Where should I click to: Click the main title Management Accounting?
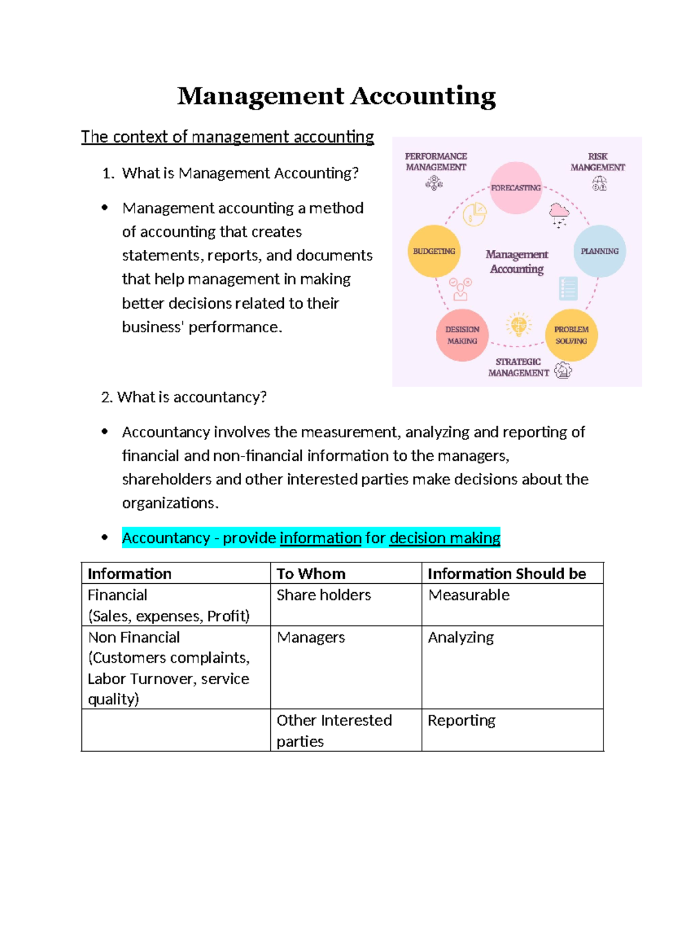click(336, 96)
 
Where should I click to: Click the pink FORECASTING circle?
click(515, 187)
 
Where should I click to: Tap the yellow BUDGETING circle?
click(434, 251)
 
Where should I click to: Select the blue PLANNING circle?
click(599, 251)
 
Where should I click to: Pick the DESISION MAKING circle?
click(462, 335)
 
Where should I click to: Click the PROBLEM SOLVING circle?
click(571, 335)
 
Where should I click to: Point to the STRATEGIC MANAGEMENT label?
click(518, 367)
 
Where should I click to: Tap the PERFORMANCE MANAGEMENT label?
click(436, 162)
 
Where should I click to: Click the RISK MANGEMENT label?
click(597, 162)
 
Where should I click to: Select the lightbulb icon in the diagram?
click(518, 324)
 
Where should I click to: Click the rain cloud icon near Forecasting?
click(559, 214)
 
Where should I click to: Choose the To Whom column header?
click(311, 573)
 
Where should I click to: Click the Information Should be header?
click(506, 573)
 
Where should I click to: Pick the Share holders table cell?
click(324, 595)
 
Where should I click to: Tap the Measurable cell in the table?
click(469, 595)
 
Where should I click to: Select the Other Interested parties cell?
click(334, 730)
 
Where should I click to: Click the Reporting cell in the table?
click(462, 720)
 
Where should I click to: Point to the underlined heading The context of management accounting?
click(227, 136)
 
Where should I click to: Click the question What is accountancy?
click(184, 397)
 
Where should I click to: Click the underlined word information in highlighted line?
click(320, 538)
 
